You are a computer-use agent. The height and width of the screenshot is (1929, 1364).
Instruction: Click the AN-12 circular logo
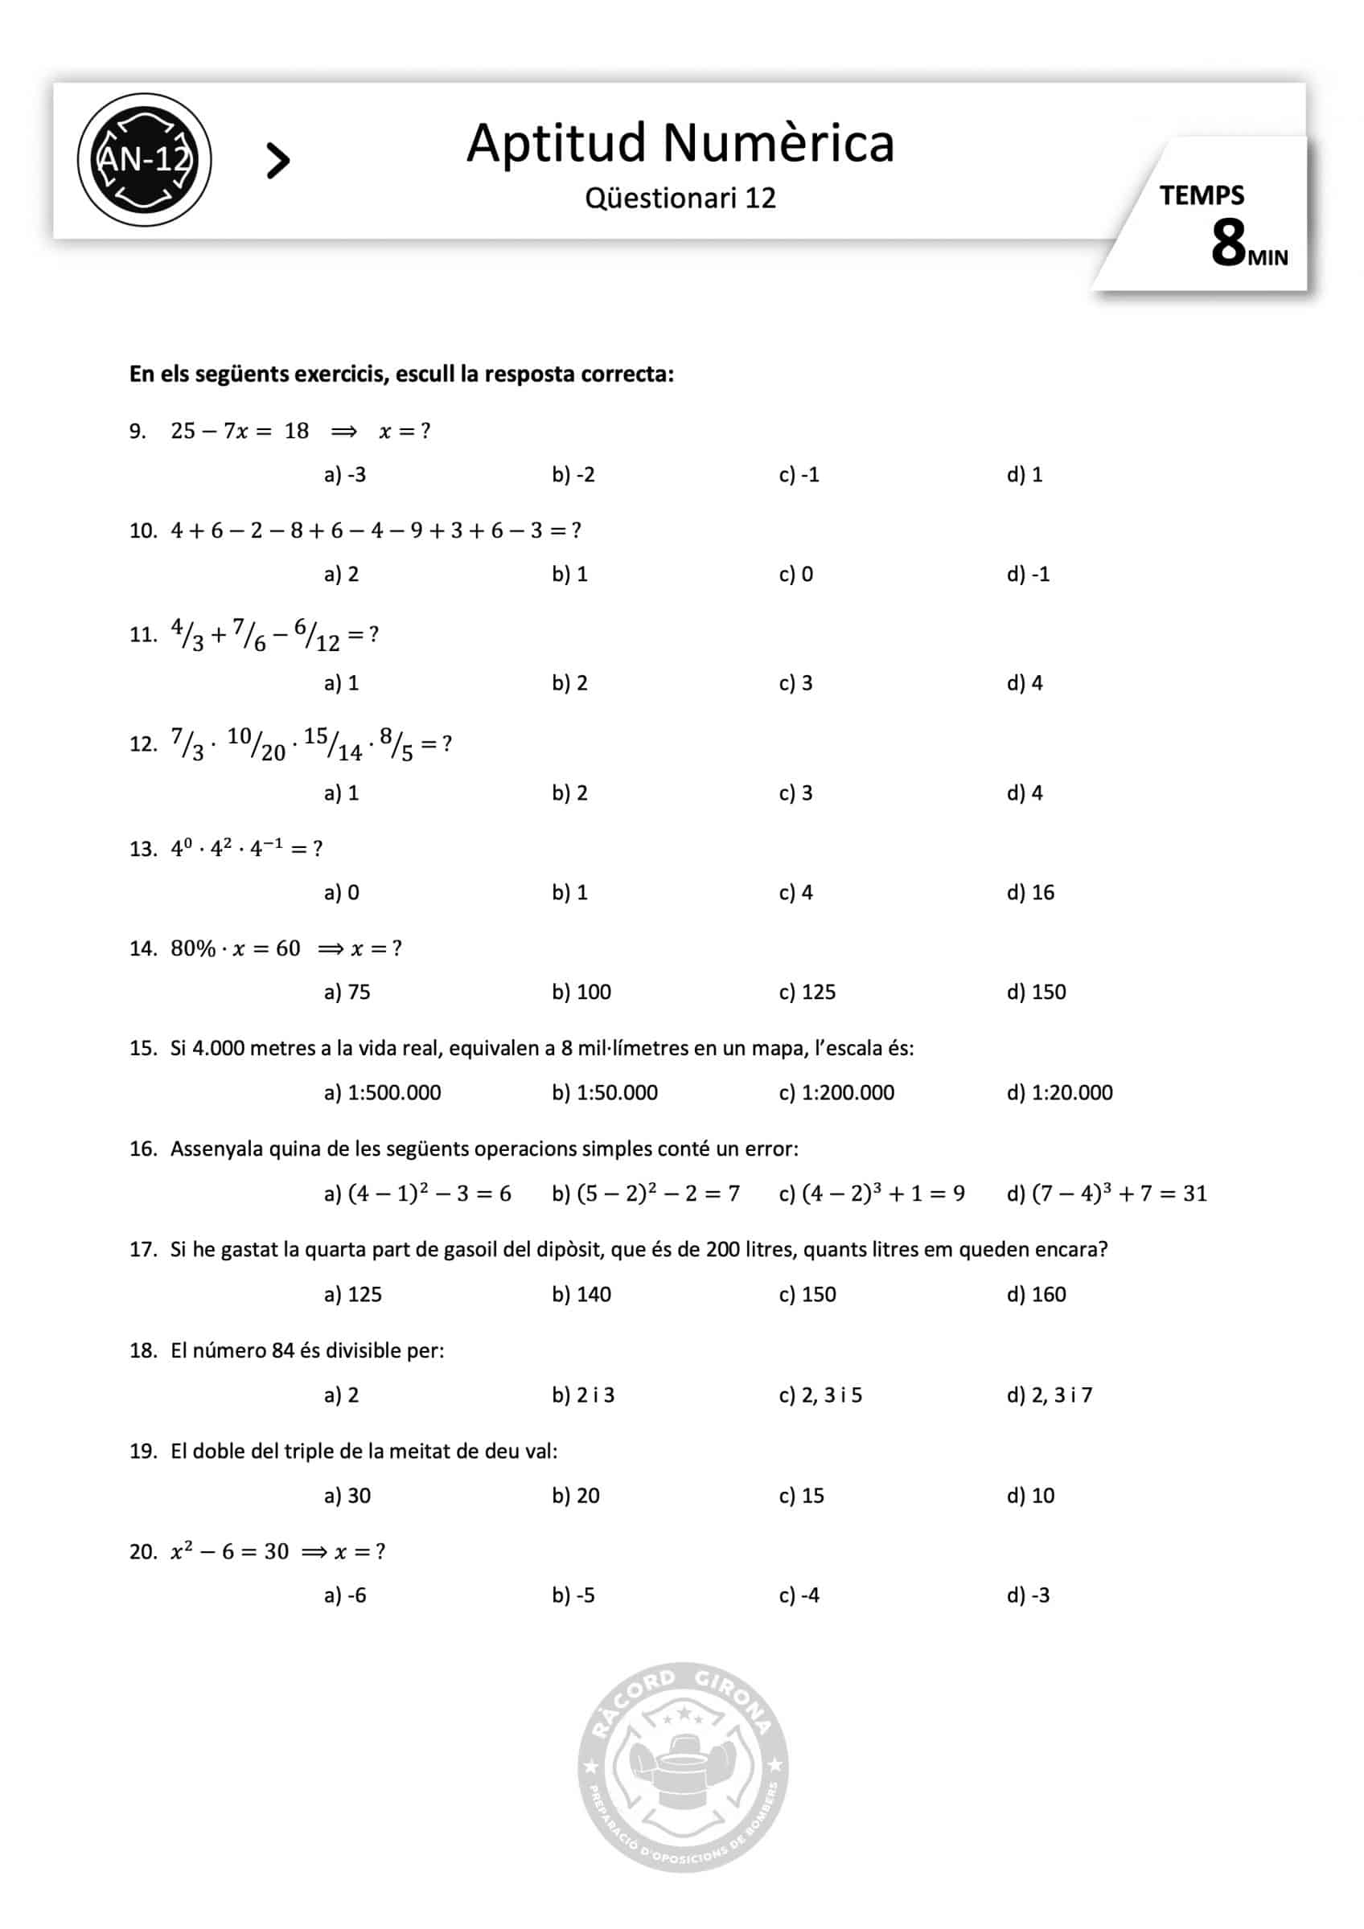tap(145, 159)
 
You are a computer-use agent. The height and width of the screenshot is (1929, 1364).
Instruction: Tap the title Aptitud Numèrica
tap(680, 143)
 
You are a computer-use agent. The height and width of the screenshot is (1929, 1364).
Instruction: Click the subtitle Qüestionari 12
tap(680, 199)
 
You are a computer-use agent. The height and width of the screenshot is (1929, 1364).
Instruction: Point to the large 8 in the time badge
tap(1228, 244)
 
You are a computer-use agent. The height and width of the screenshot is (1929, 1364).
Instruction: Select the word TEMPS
tap(1201, 196)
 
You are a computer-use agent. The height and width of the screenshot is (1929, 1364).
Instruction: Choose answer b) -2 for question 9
tap(573, 475)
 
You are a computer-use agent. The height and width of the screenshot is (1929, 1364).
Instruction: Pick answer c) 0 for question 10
tap(796, 575)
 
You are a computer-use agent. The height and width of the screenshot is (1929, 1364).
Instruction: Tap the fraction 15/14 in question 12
tap(333, 744)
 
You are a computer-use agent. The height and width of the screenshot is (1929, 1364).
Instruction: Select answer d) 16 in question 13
tap(1030, 892)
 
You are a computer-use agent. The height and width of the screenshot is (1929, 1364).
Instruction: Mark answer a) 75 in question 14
tap(347, 992)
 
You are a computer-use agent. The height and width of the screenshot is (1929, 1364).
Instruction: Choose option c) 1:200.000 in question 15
tap(836, 1093)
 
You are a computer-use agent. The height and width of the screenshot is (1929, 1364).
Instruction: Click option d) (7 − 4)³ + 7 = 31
tap(1106, 1193)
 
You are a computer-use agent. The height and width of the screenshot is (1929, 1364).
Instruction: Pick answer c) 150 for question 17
tap(807, 1294)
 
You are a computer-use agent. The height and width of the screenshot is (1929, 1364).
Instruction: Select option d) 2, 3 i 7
tap(1049, 1395)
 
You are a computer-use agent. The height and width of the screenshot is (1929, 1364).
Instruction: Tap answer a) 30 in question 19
tap(347, 1496)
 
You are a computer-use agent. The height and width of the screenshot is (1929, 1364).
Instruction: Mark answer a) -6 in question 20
tap(345, 1595)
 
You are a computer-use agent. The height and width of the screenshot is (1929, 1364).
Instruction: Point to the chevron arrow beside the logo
tap(277, 161)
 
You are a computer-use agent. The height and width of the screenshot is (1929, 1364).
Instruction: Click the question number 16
tap(143, 1149)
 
